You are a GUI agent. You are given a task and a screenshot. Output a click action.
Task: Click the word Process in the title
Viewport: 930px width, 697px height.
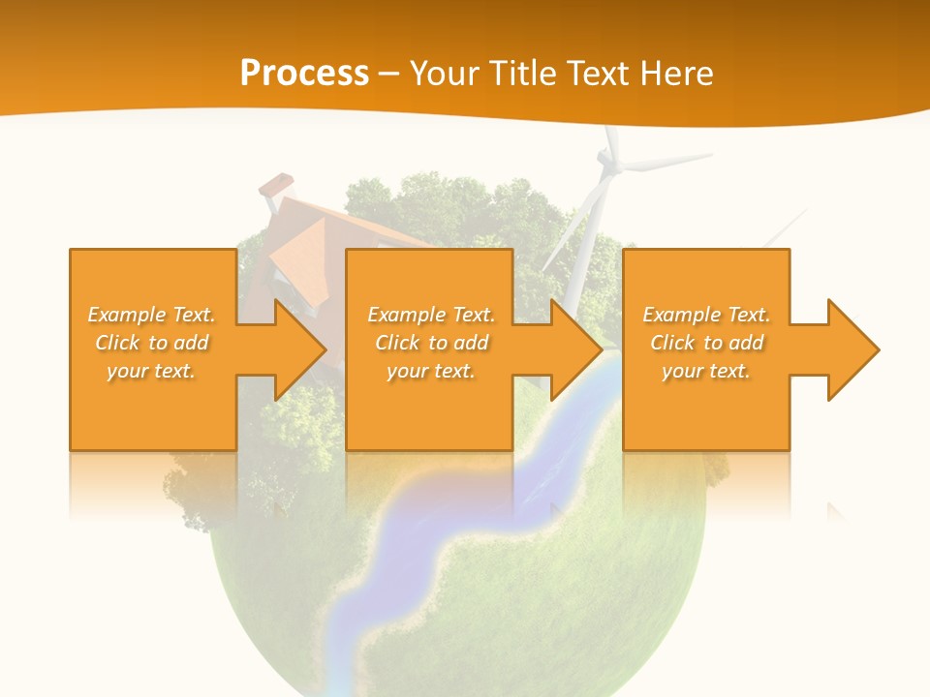[304, 73]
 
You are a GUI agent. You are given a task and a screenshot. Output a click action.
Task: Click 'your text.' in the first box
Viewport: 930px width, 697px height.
[151, 371]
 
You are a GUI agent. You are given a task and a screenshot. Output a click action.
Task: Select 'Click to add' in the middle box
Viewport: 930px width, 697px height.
[431, 343]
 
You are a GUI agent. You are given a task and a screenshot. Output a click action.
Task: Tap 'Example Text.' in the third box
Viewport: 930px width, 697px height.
[706, 315]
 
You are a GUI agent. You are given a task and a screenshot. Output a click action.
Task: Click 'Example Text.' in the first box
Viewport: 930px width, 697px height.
[151, 315]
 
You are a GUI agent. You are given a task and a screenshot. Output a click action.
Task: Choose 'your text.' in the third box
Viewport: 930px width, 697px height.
[706, 371]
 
